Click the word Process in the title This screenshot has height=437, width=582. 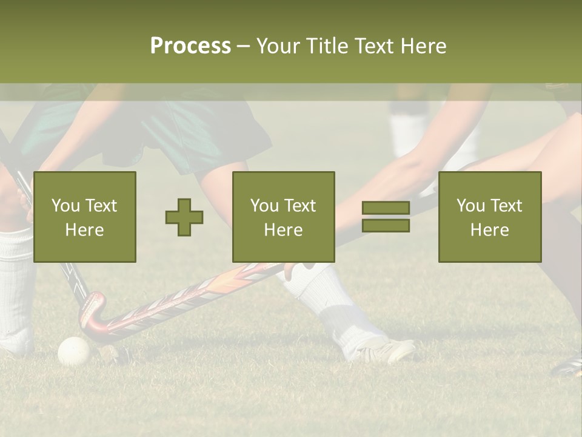[x=190, y=46]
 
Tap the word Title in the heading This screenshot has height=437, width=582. [x=328, y=46]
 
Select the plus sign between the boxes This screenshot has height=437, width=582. [x=184, y=217]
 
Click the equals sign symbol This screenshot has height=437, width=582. [x=386, y=217]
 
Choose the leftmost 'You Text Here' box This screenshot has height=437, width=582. [x=85, y=217]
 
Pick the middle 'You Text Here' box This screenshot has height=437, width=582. [x=284, y=217]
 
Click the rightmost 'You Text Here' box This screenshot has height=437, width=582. [x=490, y=217]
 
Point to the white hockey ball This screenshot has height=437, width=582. [x=74, y=351]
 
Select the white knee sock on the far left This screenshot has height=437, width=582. [x=15, y=285]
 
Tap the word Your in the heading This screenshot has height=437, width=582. [x=278, y=46]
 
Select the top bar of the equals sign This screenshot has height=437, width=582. [x=386, y=208]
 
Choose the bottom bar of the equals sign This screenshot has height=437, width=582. [x=386, y=225]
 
